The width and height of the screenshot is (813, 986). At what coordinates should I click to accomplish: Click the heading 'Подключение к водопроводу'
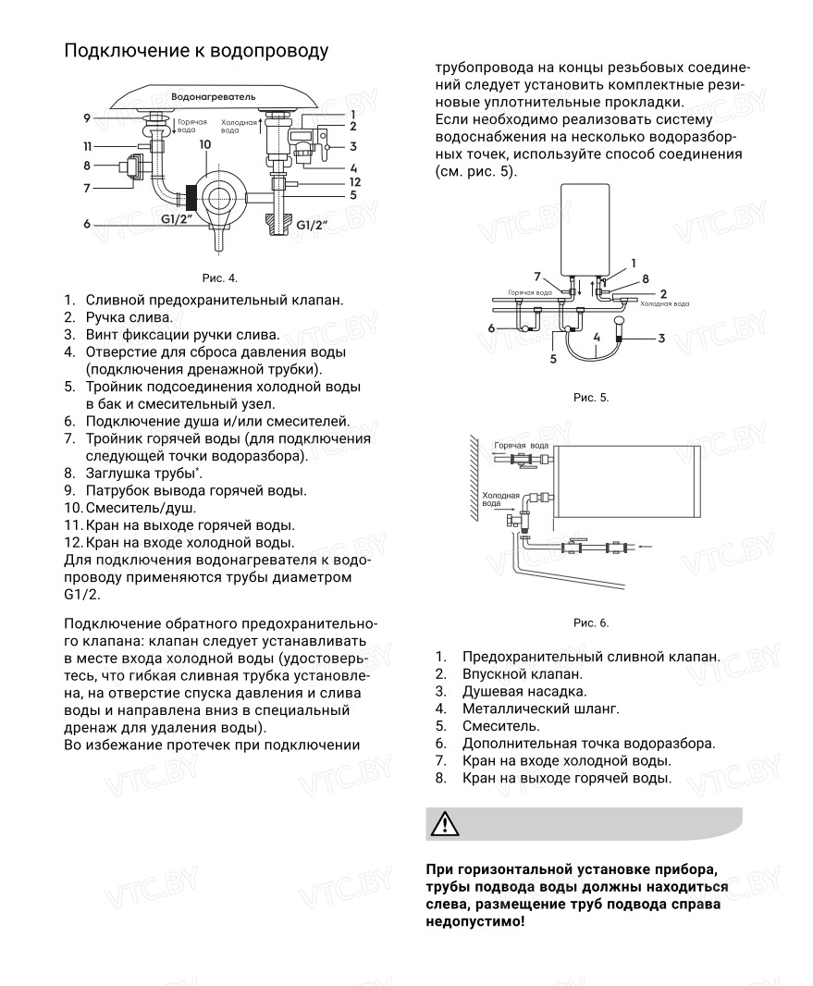[196, 51]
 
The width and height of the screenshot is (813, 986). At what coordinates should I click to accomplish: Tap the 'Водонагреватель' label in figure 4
[215, 96]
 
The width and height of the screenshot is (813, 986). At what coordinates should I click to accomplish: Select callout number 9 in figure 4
[86, 118]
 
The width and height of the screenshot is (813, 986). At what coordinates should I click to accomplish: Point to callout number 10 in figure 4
[204, 145]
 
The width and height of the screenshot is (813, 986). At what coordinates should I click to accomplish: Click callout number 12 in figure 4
[354, 181]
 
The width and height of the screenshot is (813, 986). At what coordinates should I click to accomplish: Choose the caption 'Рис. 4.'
[220, 277]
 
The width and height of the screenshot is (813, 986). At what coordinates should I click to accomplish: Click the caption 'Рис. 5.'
[591, 398]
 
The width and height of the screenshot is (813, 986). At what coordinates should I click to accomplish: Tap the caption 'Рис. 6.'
[591, 622]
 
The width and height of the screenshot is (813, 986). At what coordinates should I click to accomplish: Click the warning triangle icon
[445, 823]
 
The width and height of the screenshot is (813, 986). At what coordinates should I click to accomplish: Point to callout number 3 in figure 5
[662, 339]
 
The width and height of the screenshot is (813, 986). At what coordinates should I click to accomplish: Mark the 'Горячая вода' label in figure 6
[515, 446]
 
